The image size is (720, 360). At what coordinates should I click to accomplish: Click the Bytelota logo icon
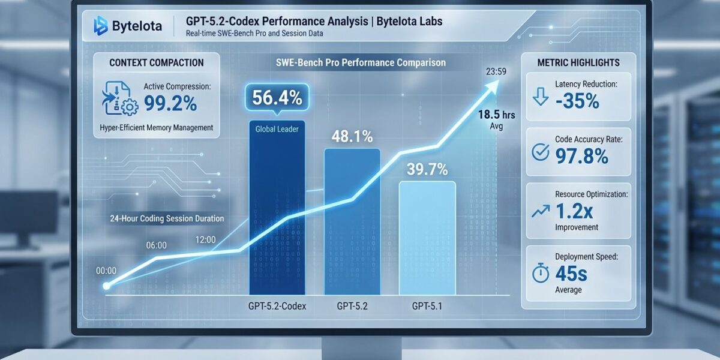[100, 25]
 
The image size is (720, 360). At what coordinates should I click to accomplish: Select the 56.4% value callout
[277, 98]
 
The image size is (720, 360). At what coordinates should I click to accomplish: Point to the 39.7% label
[427, 170]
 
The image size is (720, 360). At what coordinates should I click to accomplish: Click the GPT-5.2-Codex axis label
[277, 306]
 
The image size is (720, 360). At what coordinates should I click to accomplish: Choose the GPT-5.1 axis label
[427, 306]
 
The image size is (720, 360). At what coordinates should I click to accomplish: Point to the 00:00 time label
[106, 271]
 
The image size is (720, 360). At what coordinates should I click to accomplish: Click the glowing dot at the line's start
[107, 286]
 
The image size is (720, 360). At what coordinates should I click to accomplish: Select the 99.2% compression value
[170, 103]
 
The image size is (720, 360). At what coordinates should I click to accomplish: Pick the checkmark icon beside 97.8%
[541, 154]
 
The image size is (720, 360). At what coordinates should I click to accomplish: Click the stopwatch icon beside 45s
[541, 273]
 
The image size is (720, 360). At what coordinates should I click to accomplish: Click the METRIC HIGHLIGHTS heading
[578, 63]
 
